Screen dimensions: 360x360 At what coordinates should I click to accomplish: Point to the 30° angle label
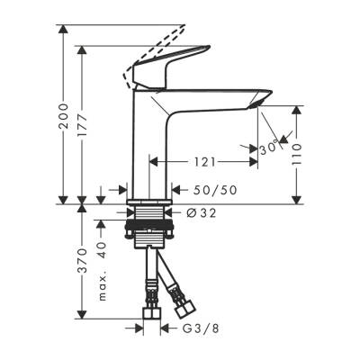[266, 148]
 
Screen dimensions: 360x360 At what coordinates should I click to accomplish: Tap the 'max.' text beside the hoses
[102, 287]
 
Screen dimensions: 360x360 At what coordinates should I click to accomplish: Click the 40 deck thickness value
[102, 249]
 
